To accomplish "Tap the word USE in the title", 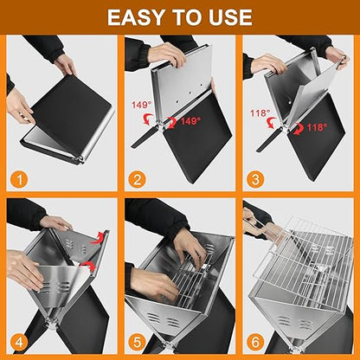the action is pos(230,17).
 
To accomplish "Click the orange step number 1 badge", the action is pos(19,179).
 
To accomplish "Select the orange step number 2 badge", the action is pos(138,179).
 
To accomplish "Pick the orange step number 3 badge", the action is pos(255,179).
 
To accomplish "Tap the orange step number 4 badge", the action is pos(19,343).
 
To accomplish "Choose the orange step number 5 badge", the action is pos(138,343).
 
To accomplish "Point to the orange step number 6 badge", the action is pos(255,343).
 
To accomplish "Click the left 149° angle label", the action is pos(142,105).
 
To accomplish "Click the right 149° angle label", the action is pos(190,121).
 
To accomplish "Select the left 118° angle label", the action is pos(260,112).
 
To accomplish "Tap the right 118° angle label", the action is pos(317,127).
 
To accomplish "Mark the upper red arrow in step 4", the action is pos(97,237).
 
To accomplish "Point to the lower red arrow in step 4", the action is pos(88,266).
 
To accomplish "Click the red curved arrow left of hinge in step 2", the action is pos(149,119).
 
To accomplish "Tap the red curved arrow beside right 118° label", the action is pos(299,129).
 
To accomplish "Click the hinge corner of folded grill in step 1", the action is pos(80,159).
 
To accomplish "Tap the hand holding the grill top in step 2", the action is pos(167,55).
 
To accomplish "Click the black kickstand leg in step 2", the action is pos(145,138).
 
